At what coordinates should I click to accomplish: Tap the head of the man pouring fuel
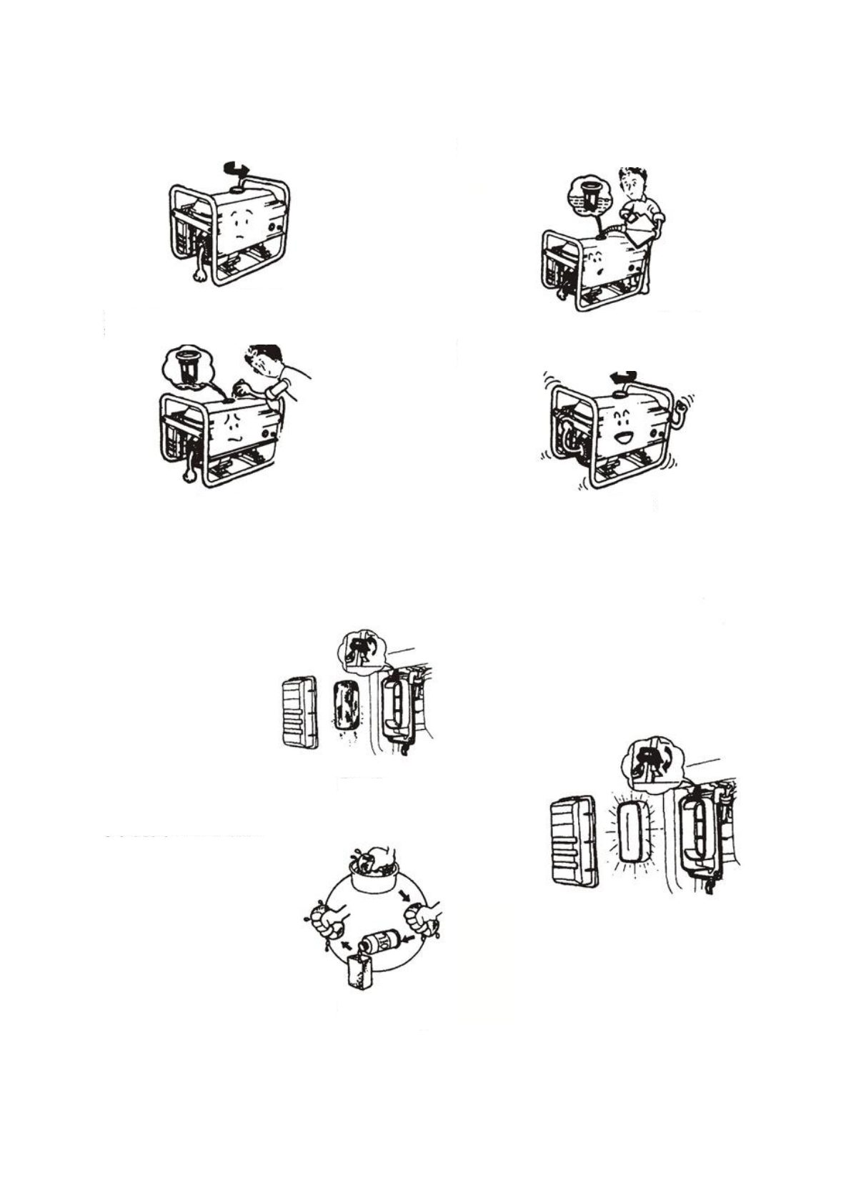coord(632,184)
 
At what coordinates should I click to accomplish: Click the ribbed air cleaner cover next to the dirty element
coord(299,713)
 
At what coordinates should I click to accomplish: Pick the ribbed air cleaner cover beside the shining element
coord(573,841)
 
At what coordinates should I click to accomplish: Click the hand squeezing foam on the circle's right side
coord(423,919)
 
